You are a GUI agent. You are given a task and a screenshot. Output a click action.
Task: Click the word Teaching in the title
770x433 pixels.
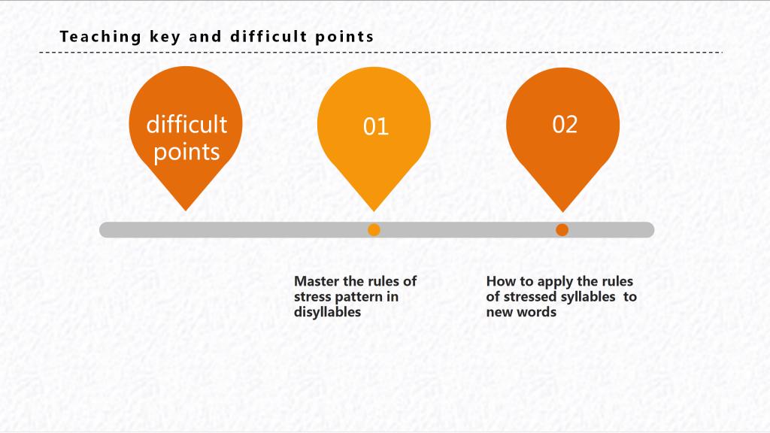101,37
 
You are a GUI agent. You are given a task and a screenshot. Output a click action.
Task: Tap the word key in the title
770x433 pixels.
165,38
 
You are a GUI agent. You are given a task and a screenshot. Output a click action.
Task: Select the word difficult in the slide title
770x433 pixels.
268,36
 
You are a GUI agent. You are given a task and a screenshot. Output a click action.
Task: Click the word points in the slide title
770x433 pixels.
344,38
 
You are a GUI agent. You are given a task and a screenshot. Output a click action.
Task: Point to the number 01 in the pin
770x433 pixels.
376,126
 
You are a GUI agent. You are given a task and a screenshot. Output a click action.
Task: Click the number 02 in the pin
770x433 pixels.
565,125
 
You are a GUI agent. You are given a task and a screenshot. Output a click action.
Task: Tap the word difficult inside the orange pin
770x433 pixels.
186,124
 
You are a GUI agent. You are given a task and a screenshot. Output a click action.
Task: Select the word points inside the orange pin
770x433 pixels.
186,153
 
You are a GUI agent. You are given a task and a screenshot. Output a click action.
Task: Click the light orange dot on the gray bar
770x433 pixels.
374,230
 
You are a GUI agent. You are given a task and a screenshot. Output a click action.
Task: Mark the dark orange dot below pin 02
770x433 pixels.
562,230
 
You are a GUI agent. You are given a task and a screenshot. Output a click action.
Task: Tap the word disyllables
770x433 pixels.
327,312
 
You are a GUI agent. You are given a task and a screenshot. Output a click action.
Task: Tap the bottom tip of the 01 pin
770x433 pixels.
374,211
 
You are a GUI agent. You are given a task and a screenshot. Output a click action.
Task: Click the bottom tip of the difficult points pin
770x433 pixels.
186,211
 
